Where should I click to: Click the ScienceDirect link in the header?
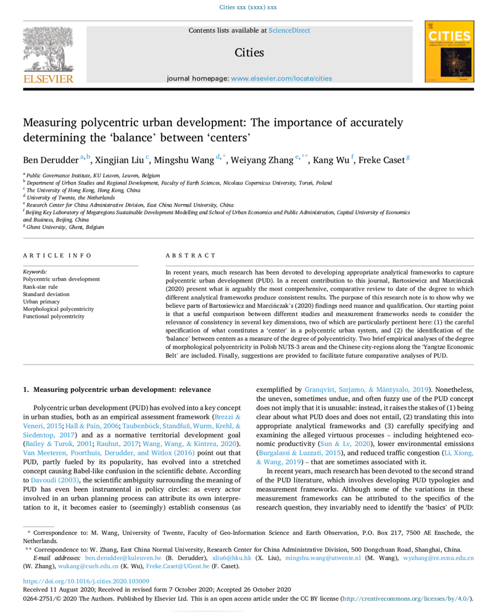tap(289, 30)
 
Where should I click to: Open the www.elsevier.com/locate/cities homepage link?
tap(281, 78)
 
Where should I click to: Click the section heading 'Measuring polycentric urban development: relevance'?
tap(122, 389)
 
